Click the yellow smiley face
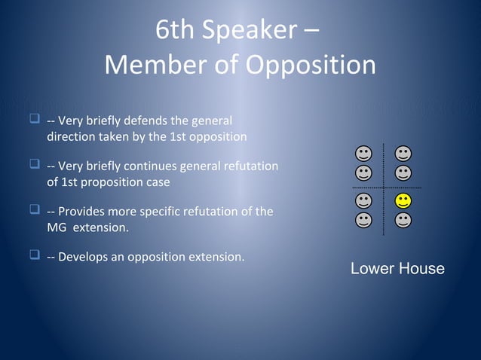coord(403,201)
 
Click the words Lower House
coord(397,269)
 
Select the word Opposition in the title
coord(311,66)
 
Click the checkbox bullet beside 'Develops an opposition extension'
coord(34,256)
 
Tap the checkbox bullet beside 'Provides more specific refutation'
coord(34,210)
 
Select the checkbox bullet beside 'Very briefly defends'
coord(34,119)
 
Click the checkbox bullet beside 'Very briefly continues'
coord(34,165)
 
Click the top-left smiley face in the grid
coord(364,154)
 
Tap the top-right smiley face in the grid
coord(403,154)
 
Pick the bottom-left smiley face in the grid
coord(364,220)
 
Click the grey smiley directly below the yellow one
coord(403,220)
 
